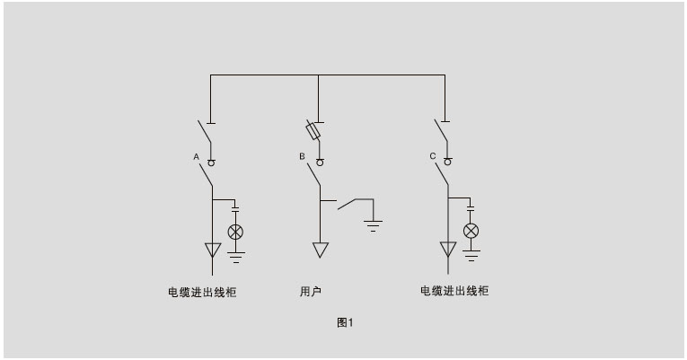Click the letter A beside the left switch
click(197, 157)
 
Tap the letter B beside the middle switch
click(302, 156)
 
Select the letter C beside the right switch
click(433, 156)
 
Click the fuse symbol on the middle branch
click(313, 129)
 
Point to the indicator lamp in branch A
click(235, 233)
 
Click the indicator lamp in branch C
click(471, 231)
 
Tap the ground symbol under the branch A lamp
click(236, 258)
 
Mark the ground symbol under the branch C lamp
click(471, 256)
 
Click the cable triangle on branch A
click(213, 250)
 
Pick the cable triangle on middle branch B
click(321, 250)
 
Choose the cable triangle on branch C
click(448, 249)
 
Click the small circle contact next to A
click(211, 162)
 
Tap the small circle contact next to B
click(320, 162)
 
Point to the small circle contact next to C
click(447, 162)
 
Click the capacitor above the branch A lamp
click(235, 208)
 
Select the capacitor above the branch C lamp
click(471, 207)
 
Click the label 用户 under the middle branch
click(311, 291)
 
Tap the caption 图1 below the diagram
click(345, 323)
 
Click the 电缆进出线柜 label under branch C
click(454, 291)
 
